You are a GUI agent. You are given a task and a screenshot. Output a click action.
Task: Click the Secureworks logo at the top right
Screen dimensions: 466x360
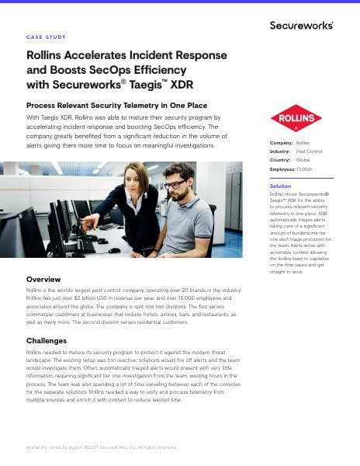click(301, 25)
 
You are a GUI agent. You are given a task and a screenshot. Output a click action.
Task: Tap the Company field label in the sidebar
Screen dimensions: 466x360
click(281, 143)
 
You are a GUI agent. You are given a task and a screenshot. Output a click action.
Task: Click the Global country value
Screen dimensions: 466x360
click(303, 159)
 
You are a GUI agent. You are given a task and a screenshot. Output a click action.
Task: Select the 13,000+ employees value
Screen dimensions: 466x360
click(306, 168)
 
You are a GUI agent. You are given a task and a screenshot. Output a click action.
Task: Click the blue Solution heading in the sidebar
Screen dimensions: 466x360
click(280, 186)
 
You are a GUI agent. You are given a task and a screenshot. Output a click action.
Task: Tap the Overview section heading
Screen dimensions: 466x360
click(43, 279)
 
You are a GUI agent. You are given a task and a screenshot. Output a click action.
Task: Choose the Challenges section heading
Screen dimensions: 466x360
click(47, 341)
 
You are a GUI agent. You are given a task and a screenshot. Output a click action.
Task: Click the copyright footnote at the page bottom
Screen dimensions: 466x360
click(101, 447)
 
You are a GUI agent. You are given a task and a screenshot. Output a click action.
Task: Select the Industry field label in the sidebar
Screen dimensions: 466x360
click(280, 151)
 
